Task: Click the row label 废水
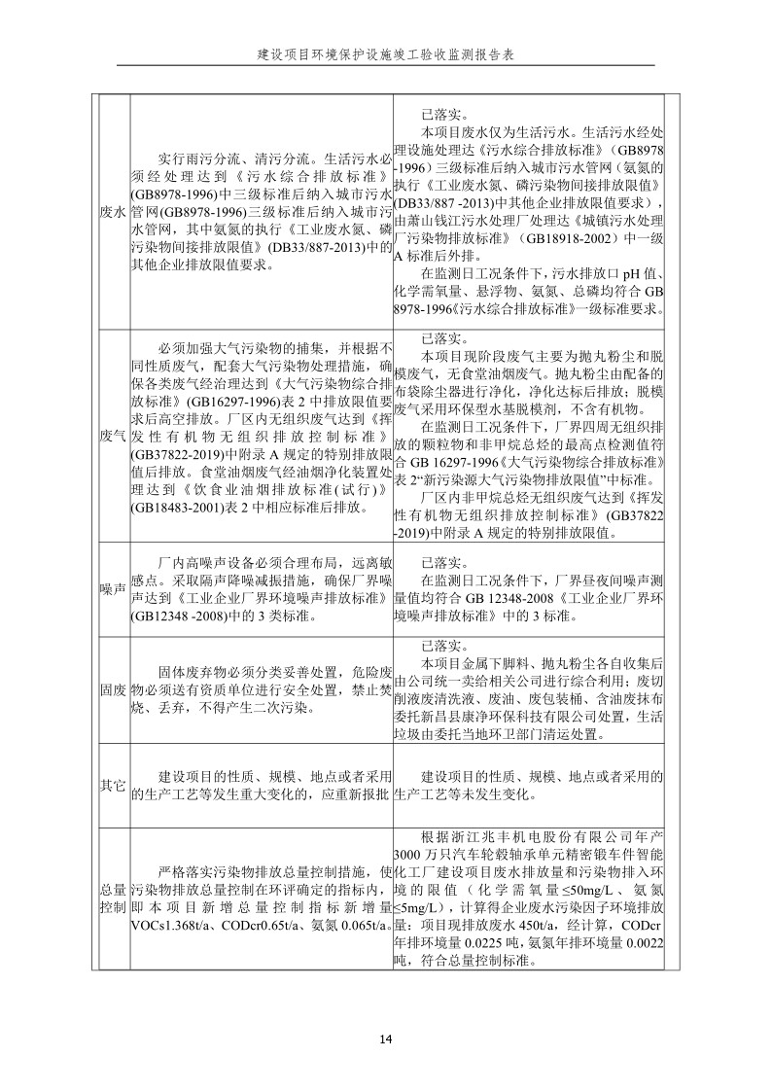point(114,211)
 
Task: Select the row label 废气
point(114,436)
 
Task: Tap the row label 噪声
point(114,589)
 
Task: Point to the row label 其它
point(114,785)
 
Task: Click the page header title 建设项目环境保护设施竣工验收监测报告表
point(386,55)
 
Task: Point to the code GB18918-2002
point(543,237)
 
